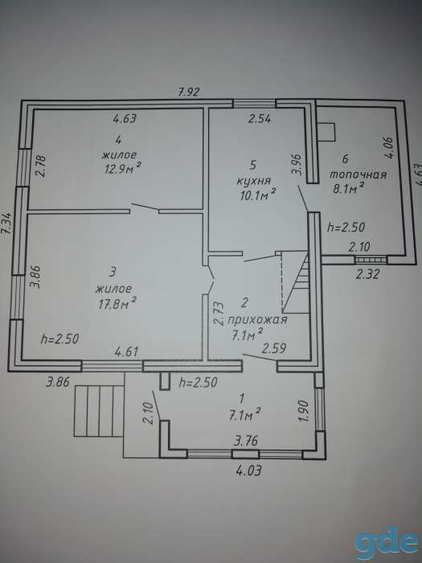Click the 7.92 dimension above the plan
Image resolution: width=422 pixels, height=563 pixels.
tap(188, 92)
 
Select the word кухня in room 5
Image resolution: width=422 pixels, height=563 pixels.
tap(254, 181)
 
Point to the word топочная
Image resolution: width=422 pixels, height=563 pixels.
tap(358, 175)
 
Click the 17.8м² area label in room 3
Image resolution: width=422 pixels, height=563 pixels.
tap(117, 303)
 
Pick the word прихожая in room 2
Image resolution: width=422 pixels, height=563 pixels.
tap(258, 319)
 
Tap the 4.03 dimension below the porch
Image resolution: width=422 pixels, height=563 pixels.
tap(248, 470)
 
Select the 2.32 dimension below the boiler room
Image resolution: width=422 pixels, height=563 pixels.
tap(367, 274)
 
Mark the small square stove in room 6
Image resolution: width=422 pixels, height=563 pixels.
tap(326, 132)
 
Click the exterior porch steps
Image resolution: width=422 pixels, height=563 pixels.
tap(99, 411)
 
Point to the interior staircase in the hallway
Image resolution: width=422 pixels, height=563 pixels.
tap(295, 281)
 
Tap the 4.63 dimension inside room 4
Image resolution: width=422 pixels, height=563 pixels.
tap(125, 118)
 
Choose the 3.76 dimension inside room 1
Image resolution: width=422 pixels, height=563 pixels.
tap(246, 440)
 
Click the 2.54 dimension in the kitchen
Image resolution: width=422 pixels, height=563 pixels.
tap(260, 118)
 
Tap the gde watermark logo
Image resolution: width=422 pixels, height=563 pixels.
tap(387, 542)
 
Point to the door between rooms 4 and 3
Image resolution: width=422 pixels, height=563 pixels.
tap(145, 208)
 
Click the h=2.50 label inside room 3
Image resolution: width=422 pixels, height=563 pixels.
tap(59, 339)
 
